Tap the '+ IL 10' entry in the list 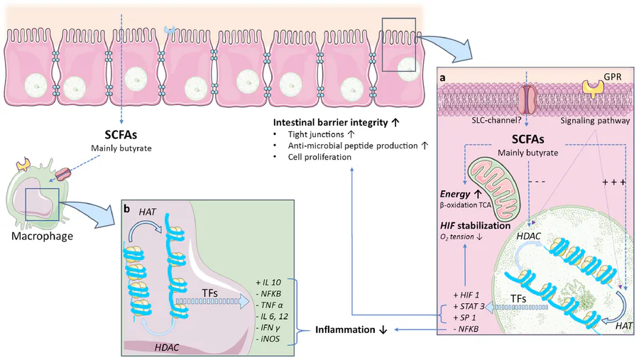(x=270, y=282)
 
